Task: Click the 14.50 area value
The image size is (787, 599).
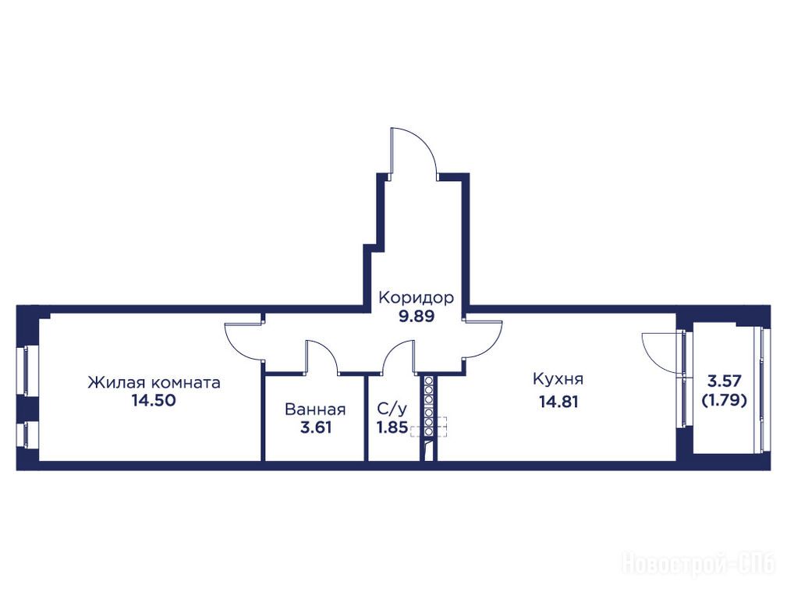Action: tap(154, 401)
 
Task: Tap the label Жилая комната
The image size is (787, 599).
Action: tap(154, 383)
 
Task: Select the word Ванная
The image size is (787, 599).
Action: tap(315, 409)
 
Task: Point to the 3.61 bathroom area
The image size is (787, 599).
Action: tap(316, 428)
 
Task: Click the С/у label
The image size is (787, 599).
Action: tap(392, 409)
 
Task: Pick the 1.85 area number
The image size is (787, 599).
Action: tap(392, 427)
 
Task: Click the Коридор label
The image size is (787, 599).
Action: tap(416, 298)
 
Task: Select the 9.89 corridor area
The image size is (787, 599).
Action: tap(416, 317)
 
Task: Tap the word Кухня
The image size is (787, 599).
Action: tap(558, 378)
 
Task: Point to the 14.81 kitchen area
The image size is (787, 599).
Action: tap(558, 402)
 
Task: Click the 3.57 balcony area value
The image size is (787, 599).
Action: tap(725, 381)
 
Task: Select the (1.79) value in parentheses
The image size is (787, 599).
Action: tap(725, 400)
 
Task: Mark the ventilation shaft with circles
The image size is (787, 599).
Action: tap(429, 406)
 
